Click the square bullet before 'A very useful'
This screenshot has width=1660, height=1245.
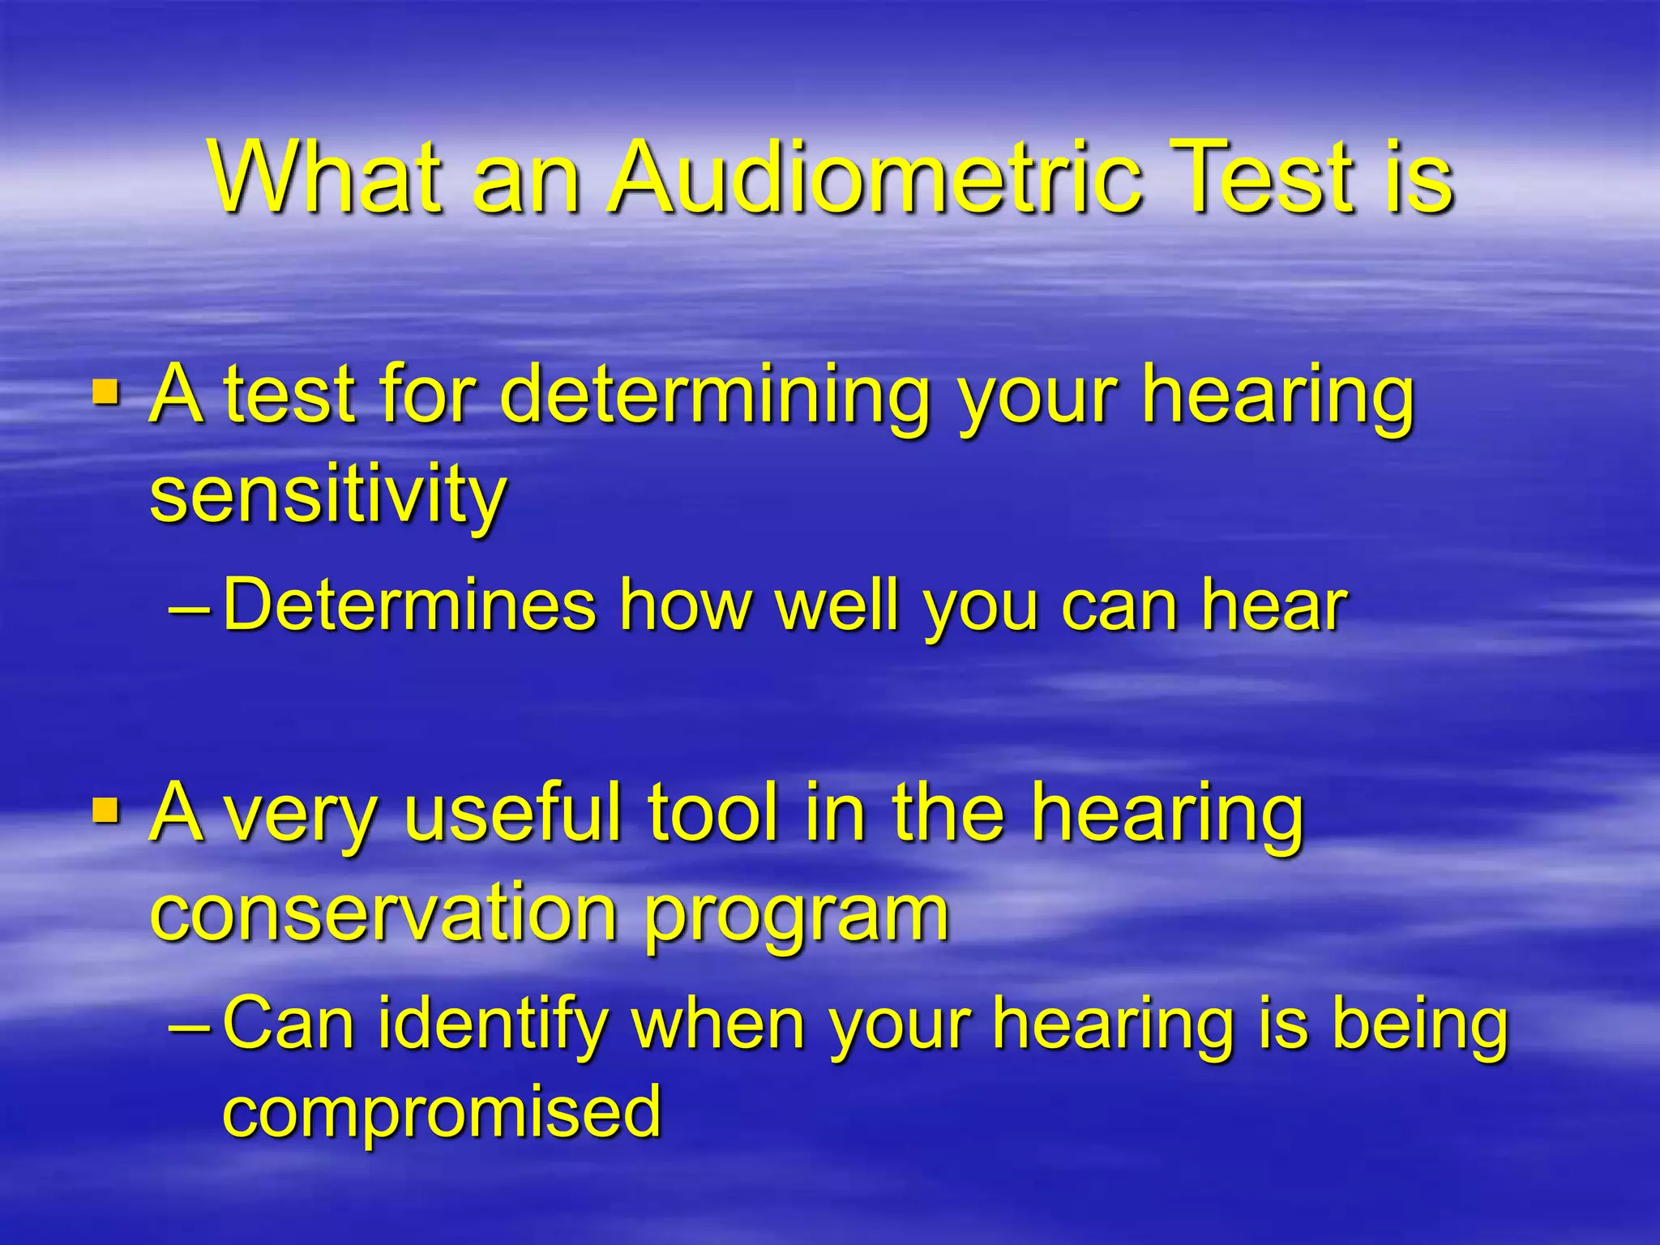tap(106, 811)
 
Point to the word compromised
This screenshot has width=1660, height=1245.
tap(442, 1112)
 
